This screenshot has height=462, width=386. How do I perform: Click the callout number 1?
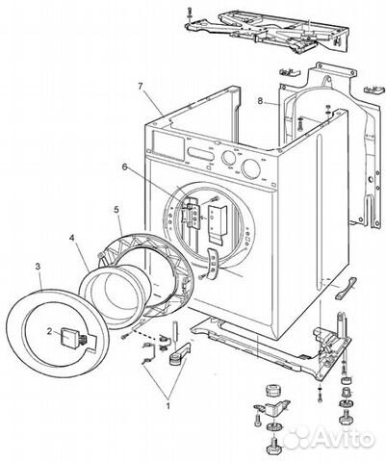click(167, 405)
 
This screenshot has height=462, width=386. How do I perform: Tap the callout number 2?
click(49, 331)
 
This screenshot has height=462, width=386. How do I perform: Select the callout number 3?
click(38, 266)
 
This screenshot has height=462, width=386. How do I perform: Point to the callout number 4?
click(72, 238)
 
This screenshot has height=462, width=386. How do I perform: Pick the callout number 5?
click(116, 210)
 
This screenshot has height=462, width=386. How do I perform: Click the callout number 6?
click(124, 167)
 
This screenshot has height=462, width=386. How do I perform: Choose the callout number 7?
click(141, 87)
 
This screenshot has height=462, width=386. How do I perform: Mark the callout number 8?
click(260, 101)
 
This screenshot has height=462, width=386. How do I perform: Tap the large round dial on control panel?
click(251, 169)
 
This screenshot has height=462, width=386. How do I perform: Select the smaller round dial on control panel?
click(228, 158)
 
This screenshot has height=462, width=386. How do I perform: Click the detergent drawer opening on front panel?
click(168, 143)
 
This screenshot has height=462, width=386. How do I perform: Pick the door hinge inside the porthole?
click(192, 214)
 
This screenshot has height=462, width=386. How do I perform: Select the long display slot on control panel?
click(201, 153)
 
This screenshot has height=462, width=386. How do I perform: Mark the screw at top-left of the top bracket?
click(190, 13)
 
